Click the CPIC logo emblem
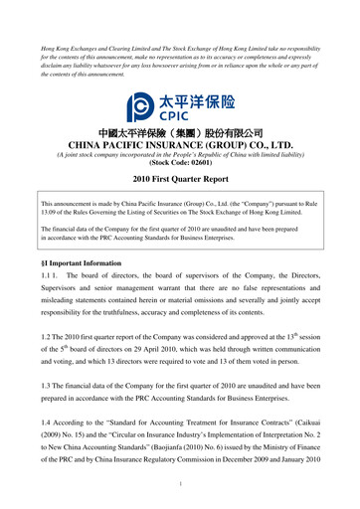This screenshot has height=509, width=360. (x=141, y=102)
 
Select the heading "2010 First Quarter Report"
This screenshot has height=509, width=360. (x=180, y=180)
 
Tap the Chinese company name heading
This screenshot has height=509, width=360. (x=180, y=132)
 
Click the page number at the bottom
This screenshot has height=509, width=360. (x=180, y=484)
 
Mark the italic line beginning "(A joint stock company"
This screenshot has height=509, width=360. (x=180, y=155)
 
